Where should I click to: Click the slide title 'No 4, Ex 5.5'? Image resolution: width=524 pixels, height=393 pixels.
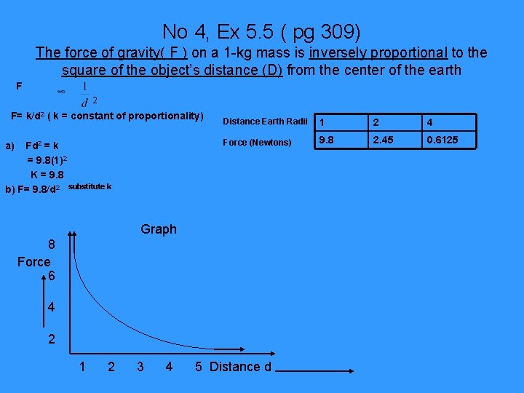261,31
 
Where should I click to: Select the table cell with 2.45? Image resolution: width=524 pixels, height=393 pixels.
384,140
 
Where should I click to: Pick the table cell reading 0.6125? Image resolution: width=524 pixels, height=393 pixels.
442,140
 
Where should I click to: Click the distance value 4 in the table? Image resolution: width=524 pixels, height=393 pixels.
432,122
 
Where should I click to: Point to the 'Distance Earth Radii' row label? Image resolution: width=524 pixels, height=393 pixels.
265,121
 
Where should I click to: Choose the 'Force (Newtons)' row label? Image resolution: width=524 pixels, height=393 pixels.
257,142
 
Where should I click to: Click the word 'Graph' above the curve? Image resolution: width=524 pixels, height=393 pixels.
159,229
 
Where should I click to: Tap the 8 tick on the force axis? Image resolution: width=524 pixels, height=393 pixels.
52,246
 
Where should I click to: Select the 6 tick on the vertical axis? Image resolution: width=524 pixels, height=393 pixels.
52,277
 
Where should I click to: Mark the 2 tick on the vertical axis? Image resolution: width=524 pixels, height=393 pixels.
52,340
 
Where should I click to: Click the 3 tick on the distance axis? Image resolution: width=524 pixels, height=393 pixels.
140,367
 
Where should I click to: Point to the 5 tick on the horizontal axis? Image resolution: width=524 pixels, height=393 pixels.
198,367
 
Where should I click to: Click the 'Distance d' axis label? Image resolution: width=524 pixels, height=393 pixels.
240,367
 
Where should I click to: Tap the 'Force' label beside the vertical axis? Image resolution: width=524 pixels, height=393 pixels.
34,261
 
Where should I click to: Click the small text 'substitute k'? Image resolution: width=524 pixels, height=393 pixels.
90,187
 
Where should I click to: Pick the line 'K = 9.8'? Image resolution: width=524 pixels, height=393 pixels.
47,175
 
